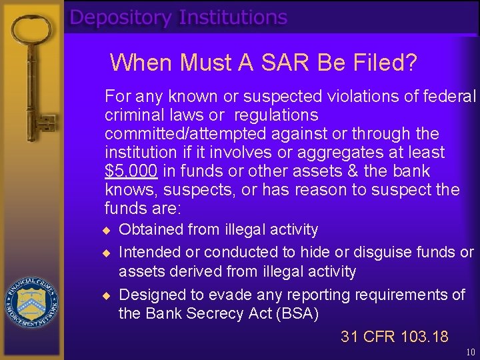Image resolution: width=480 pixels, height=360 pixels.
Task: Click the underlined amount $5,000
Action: (x=131, y=171)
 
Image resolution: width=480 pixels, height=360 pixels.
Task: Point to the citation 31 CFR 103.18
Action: (x=395, y=337)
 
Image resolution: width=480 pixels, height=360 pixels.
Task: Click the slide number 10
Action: (x=471, y=352)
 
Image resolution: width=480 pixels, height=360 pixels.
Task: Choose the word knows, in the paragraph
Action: (x=127, y=190)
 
